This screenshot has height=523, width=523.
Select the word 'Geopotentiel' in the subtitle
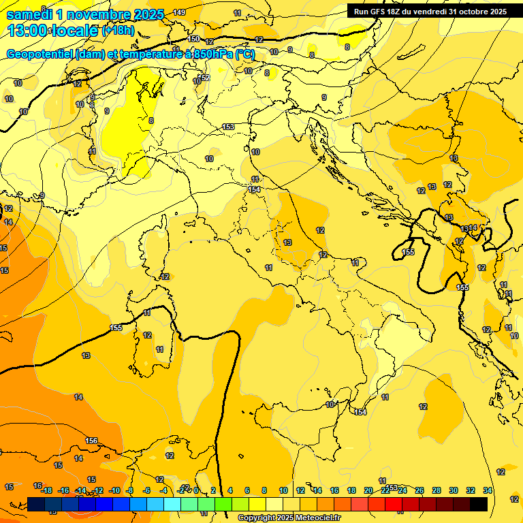[41, 54]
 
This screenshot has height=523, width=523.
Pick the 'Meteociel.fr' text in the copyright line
[316, 518]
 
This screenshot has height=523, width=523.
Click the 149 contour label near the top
[178, 13]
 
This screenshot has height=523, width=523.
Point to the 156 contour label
[92, 441]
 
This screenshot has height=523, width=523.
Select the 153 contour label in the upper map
[229, 127]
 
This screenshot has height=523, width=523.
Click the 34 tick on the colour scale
[488, 490]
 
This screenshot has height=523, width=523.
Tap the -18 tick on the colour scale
[46, 490]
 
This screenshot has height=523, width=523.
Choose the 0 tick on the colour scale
[196, 490]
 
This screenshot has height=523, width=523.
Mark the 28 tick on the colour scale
[437, 490]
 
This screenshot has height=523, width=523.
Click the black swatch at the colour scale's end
[479, 504]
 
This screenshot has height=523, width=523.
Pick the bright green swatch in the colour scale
[223, 504]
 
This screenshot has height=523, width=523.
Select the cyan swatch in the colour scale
[172, 504]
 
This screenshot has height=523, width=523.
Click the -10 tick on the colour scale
[114, 490]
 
